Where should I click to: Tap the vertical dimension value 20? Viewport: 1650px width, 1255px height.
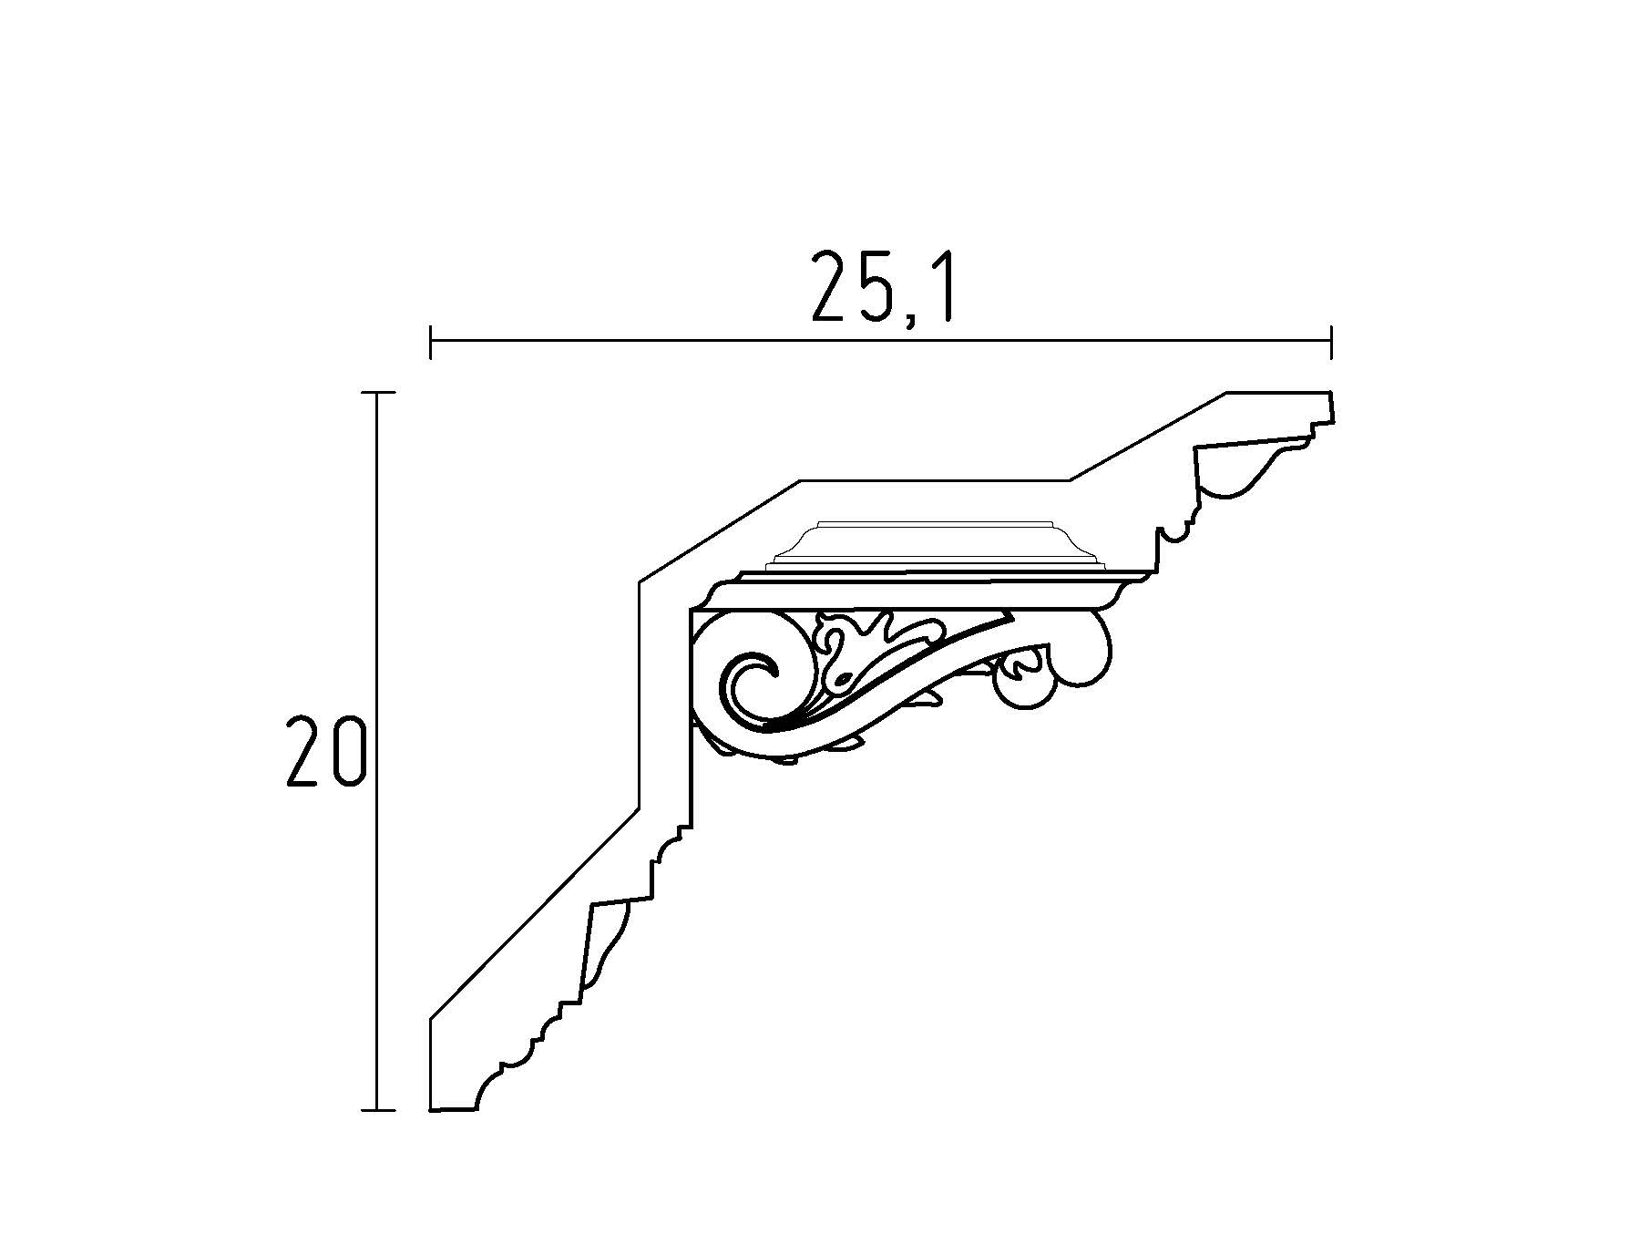(325, 751)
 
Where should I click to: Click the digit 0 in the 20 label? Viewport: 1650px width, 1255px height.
(349, 751)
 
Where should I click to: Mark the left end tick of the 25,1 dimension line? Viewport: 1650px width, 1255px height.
(430, 341)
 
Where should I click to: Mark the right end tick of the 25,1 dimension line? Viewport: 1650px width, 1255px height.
(1331, 341)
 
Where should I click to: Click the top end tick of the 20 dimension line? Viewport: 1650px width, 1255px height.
(378, 392)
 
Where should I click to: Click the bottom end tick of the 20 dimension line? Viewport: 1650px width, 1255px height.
(378, 1110)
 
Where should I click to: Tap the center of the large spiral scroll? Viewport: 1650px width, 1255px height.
(756, 679)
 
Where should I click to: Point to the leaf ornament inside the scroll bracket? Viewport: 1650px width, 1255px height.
(843, 652)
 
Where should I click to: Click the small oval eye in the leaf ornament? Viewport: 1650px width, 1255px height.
(844, 679)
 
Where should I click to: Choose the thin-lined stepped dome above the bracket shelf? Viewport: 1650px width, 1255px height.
(929, 547)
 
